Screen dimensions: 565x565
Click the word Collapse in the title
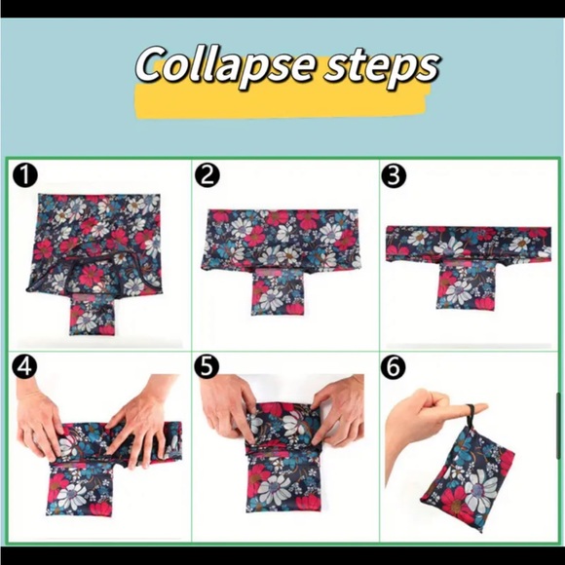pyautogui.click(x=224, y=65)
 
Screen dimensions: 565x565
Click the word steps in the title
pyautogui.click(x=382, y=65)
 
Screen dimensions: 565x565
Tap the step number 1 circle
pyautogui.click(x=25, y=175)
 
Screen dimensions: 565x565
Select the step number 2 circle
pyautogui.click(x=207, y=175)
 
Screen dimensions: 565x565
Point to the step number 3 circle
pyautogui.click(x=394, y=175)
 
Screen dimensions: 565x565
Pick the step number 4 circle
pyautogui.click(x=25, y=366)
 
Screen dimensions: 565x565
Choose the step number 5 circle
pyautogui.click(x=207, y=366)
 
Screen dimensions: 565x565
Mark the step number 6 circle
pyautogui.click(x=394, y=366)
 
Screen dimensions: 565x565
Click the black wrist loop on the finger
pyautogui.click(x=470, y=415)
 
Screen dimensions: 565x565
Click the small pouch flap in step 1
pyautogui.click(x=92, y=314)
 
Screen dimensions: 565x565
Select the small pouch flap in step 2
pyautogui.click(x=278, y=292)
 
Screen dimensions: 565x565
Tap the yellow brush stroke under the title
pyautogui.click(x=281, y=101)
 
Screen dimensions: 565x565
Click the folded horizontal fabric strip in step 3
pyautogui.click(x=469, y=244)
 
